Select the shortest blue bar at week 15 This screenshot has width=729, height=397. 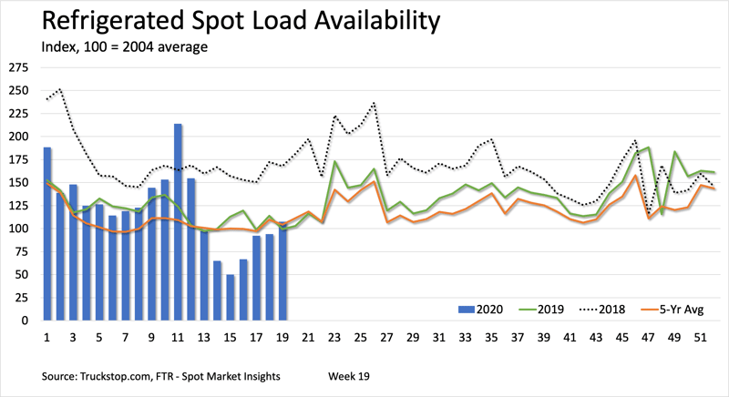click(x=231, y=296)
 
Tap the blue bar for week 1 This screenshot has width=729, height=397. click(x=47, y=233)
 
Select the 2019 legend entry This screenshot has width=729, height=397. click(x=549, y=310)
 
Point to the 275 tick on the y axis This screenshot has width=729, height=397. click(x=17, y=68)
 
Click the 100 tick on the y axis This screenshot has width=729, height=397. click(x=17, y=228)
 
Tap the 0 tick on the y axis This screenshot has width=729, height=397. click(x=25, y=320)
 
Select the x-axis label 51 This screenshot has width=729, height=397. click(x=698, y=336)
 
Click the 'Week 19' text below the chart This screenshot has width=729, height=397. click(x=351, y=375)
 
